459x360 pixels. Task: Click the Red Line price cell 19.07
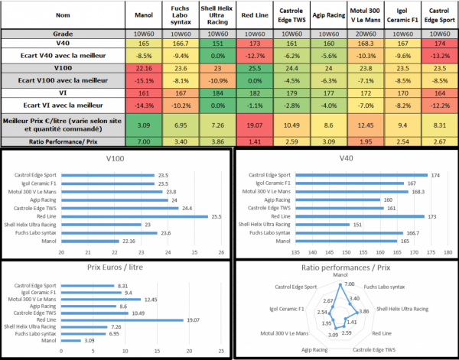[x=254, y=123]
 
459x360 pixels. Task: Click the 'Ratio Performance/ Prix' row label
[x=63, y=142]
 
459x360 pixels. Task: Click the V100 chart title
[x=116, y=160]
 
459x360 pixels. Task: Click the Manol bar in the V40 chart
[x=344, y=240]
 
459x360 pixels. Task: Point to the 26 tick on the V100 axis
[x=220, y=253]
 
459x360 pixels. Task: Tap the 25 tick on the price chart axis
[x=221, y=352]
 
